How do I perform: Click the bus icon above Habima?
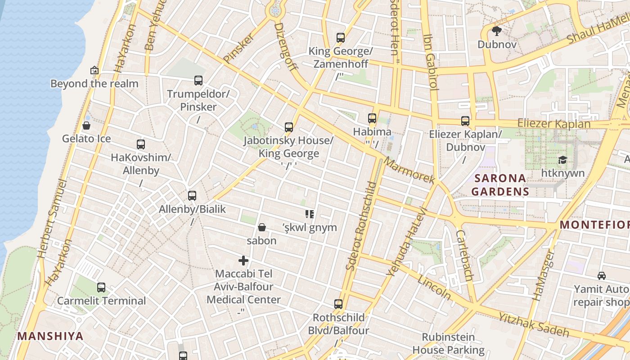tap(372, 118)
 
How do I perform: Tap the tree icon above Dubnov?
tap(497, 31)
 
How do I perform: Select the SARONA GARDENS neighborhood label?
tap(500, 184)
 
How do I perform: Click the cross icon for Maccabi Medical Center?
tap(243, 260)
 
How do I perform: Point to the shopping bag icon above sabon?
tap(261, 227)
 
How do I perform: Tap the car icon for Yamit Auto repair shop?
tap(601, 275)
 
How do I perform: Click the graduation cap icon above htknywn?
tap(562, 160)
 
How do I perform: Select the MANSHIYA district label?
tap(50, 336)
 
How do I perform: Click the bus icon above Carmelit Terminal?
tap(101, 287)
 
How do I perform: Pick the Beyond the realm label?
tap(94, 84)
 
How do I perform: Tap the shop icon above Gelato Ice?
tap(86, 125)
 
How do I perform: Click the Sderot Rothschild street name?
tap(361, 226)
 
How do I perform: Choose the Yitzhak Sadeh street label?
tap(533, 325)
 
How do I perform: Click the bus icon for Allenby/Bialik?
tap(192, 196)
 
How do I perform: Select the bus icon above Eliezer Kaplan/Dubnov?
tap(465, 121)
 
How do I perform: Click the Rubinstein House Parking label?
tap(448, 343)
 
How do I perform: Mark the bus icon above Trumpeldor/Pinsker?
tap(198, 81)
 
